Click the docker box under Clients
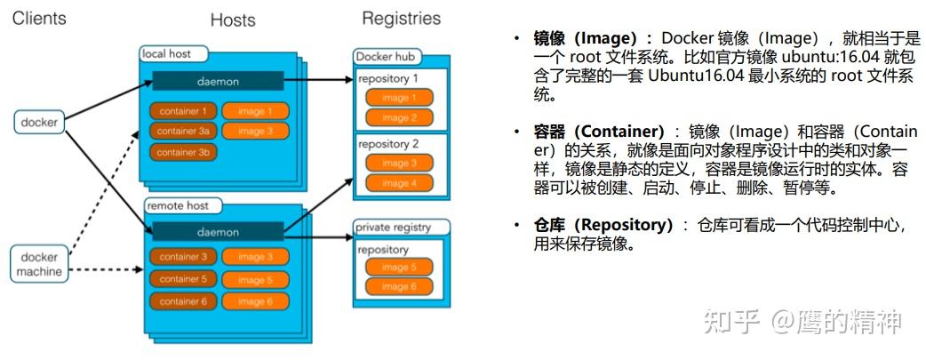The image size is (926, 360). point(39,122)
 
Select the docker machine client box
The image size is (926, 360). point(40,263)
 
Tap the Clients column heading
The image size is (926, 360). point(38,18)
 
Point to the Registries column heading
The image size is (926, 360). point(401,18)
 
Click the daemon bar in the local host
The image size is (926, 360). point(218,81)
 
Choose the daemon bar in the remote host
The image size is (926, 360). point(218,232)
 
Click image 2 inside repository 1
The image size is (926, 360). point(399,117)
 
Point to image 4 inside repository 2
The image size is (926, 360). point(399,183)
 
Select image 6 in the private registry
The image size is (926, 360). point(399,287)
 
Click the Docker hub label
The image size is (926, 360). point(387,57)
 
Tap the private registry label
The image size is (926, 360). point(393,227)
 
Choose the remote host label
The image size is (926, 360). point(178,205)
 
